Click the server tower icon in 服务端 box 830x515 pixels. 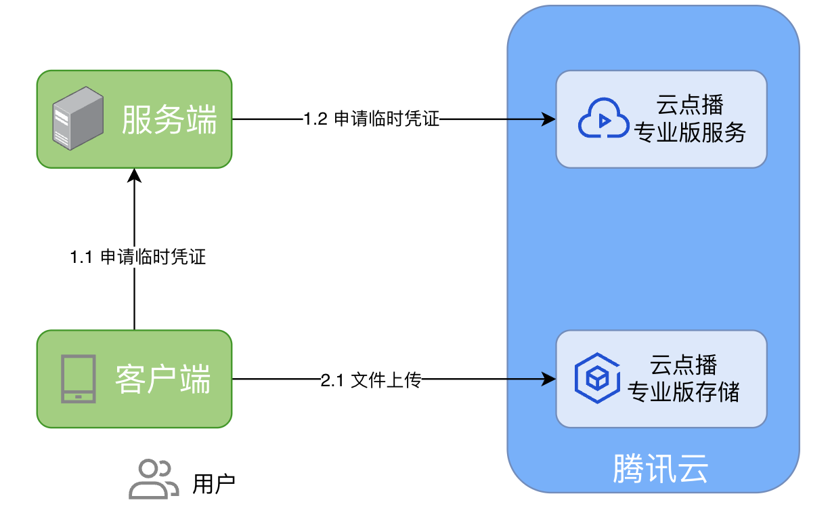point(79,119)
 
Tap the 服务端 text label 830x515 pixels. point(169,120)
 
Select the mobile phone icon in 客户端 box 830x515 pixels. point(79,379)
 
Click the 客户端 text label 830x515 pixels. point(162,379)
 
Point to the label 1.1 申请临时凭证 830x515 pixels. point(137,257)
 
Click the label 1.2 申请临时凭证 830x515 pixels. point(372,120)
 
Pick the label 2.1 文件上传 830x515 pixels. point(370,380)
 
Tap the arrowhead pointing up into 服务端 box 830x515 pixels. point(135,176)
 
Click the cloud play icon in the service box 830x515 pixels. point(604,119)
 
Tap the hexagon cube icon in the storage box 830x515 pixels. point(597,379)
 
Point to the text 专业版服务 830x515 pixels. point(689,133)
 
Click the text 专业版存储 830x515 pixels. point(684,392)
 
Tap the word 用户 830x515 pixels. point(213,484)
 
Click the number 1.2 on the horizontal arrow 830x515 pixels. point(315,120)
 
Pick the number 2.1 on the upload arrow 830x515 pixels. point(332,380)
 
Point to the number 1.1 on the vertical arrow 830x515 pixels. point(81,257)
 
